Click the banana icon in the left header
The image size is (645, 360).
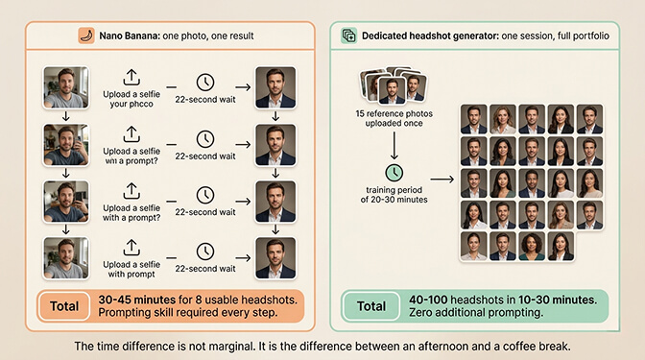pos(87,36)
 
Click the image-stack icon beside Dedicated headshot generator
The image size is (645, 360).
pos(348,36)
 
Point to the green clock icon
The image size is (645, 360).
pos(394,172)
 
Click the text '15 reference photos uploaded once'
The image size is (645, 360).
pos(394,118)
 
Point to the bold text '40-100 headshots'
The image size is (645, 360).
pos(442,300)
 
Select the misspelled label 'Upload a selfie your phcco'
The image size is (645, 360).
pos(131,100)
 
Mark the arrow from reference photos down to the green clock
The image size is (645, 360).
pos(394,144)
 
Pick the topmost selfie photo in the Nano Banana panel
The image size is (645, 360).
pos(65,86)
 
